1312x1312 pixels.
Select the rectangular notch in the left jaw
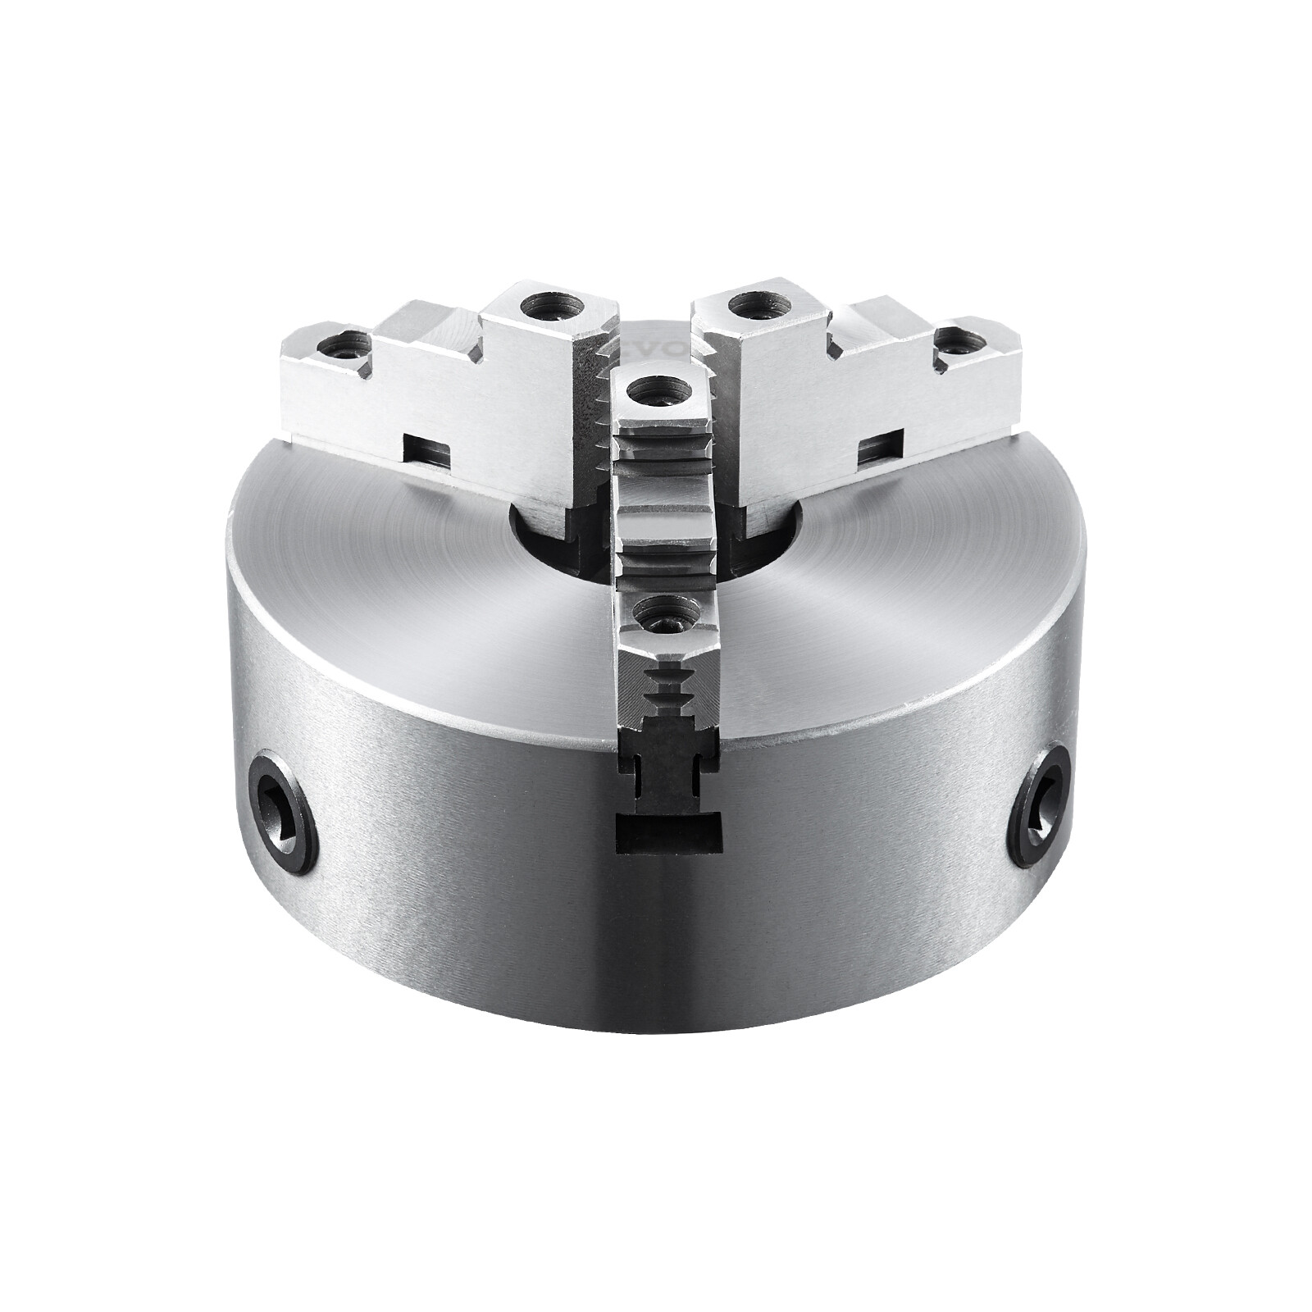click(428, 449)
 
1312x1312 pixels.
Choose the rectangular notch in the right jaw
click(878, 448)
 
